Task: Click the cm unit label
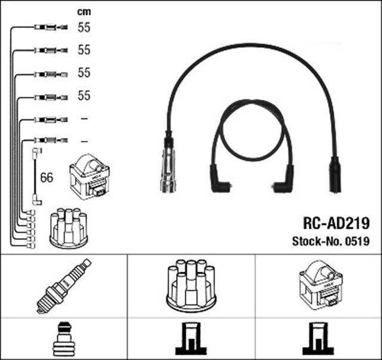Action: pos(84,12)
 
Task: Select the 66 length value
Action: pos(46,177)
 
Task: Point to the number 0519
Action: pos(357,242)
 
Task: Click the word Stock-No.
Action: pos(317,242)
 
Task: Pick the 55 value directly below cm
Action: pos(84,27)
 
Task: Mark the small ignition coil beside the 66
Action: pos(89,176)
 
